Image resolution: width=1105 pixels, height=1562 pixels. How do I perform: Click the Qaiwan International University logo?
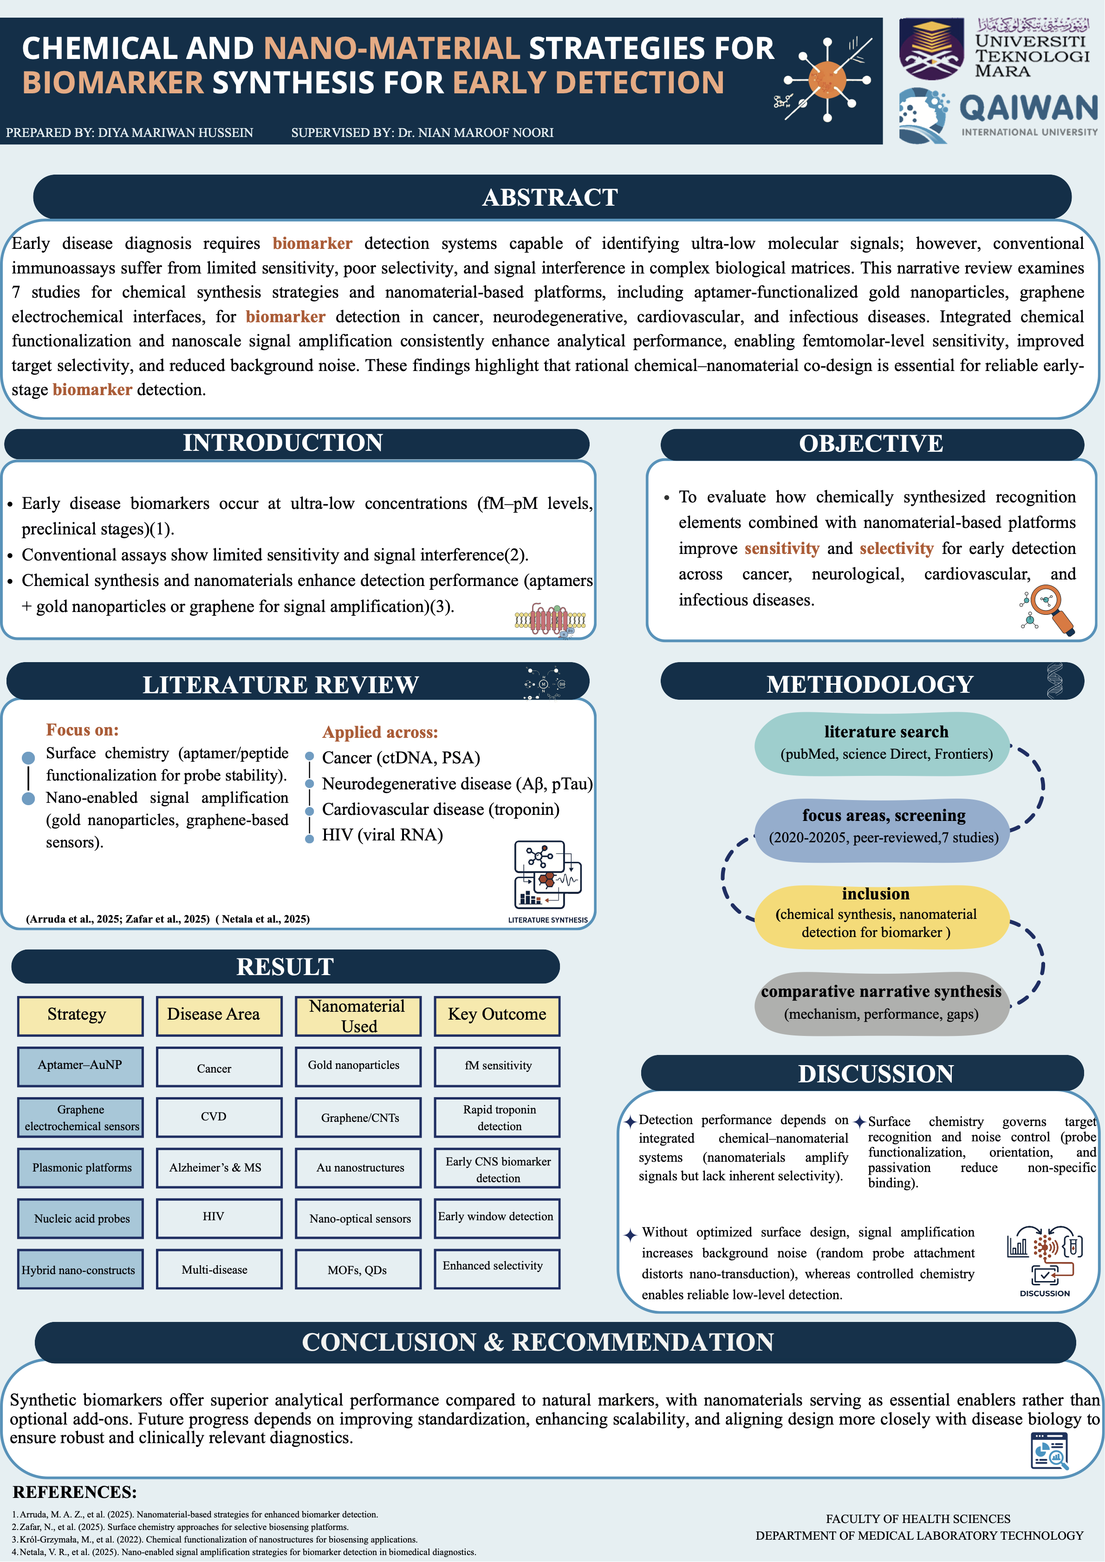pos(997,116)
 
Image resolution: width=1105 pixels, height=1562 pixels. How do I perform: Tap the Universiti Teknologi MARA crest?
pos(931,49)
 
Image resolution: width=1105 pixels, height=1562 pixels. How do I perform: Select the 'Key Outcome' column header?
pos(497,1015)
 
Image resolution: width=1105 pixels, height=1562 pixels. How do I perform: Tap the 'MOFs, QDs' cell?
pos(358,1269)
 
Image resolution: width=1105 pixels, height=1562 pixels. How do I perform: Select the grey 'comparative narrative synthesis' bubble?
pos(882,1003)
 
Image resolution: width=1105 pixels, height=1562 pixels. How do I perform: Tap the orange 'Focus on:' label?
pos(82,730)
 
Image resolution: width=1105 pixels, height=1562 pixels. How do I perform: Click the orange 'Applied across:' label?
pos(380,733)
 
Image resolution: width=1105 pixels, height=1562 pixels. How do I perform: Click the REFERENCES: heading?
pos(75,1491)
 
